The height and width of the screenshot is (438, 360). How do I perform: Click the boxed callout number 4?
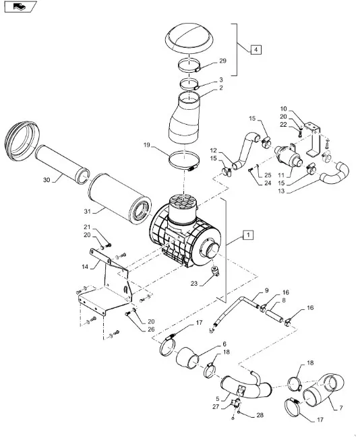[256, 50]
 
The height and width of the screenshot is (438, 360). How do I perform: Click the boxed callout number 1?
[248, 235]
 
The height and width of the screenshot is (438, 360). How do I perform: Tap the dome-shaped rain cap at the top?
[189, 38]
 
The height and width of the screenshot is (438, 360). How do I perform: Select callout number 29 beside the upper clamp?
[222, 61]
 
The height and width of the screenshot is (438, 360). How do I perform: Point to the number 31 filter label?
[88, 212]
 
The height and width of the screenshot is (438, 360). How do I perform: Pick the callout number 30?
[47, 180]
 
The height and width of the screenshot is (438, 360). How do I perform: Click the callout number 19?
[147, 145]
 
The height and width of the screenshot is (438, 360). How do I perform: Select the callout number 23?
[194, 284]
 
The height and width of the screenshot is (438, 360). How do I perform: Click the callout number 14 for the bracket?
[85, 267]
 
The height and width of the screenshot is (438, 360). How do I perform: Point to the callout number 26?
[151, 330]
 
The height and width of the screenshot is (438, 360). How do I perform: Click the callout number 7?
[341, 408]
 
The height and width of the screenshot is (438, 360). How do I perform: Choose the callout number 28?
[260, 415]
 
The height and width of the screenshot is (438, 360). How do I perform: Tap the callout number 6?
[224, 344]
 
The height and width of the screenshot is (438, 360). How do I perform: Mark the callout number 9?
[267, 290]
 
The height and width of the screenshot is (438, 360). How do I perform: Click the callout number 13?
[281, 191]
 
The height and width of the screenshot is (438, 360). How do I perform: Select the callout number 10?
[283, 109]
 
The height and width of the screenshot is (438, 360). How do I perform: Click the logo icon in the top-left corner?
[21, 6]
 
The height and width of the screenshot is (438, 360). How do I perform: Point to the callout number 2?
[221, 88]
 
